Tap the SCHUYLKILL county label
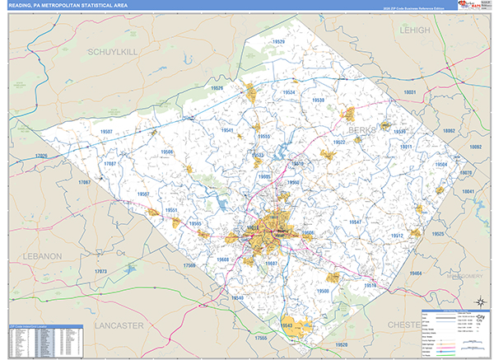[115, 51]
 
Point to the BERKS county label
[361, 130]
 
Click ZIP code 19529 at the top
[278, 41]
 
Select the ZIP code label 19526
[217, 87]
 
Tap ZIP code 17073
[101, 270]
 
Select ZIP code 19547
[355, 222]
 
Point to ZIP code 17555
[262, 338]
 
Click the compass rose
[477, 300]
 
